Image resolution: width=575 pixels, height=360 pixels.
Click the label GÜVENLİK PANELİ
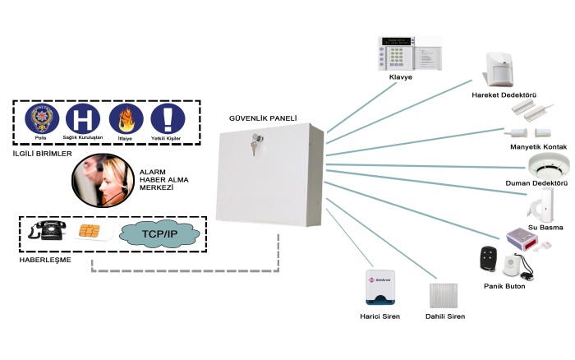(263, 118)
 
